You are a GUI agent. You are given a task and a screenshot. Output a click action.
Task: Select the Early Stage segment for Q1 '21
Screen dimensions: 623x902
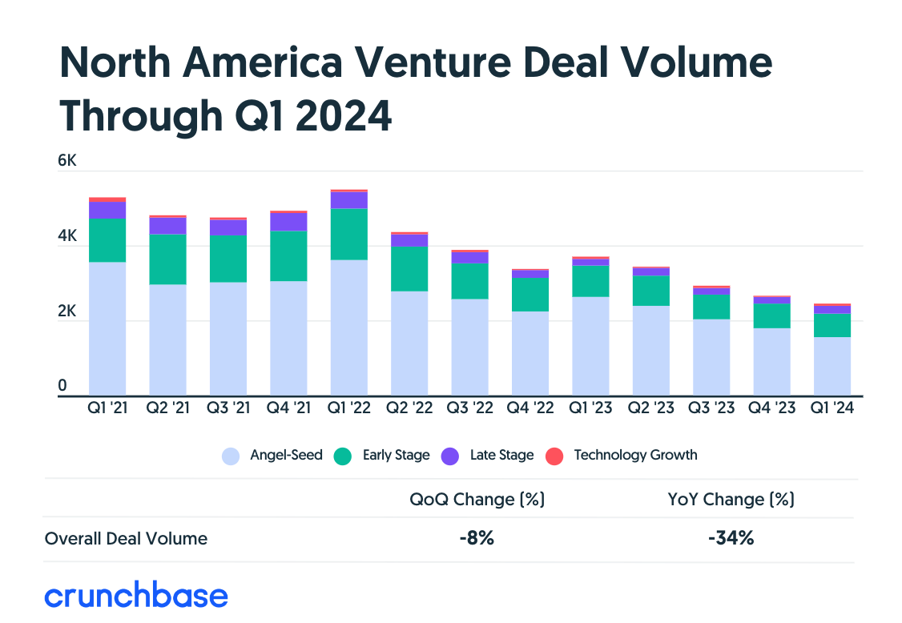point(107,240)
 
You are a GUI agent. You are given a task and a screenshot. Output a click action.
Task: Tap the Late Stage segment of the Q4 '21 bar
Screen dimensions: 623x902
point(288,221)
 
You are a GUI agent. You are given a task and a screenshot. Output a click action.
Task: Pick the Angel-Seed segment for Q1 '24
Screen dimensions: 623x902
point(832,366)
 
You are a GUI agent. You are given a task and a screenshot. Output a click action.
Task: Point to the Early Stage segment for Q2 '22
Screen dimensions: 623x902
point(409,268)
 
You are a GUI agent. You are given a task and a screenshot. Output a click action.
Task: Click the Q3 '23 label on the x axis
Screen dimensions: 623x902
point(711,408)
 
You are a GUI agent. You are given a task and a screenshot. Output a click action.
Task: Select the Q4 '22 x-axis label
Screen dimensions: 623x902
point(530,408)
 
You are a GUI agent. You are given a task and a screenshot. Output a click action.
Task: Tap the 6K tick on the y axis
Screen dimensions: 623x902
point(67,160)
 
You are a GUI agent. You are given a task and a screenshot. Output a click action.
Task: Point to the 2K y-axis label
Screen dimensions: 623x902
point(67,311)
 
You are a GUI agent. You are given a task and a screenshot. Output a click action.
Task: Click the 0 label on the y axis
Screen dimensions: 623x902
point(62,386)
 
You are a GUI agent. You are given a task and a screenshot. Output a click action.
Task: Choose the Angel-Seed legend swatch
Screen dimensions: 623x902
point(231,456)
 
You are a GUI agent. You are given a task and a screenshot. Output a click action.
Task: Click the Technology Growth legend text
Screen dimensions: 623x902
point(635,455)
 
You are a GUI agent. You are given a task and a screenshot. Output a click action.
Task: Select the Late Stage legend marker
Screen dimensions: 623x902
point(450,456)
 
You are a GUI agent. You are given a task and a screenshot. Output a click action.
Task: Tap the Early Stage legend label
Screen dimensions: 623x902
point(396,455)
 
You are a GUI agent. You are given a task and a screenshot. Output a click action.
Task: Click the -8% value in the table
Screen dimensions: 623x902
point(477,538)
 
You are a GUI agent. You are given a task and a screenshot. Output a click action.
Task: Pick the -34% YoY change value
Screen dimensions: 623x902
point(731,538)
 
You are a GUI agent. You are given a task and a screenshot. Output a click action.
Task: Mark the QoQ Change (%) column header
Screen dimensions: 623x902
point(477,500)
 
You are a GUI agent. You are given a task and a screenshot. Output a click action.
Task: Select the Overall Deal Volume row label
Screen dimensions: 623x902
point(126,538)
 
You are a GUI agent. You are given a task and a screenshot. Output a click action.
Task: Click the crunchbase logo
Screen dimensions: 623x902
point(136,596)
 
